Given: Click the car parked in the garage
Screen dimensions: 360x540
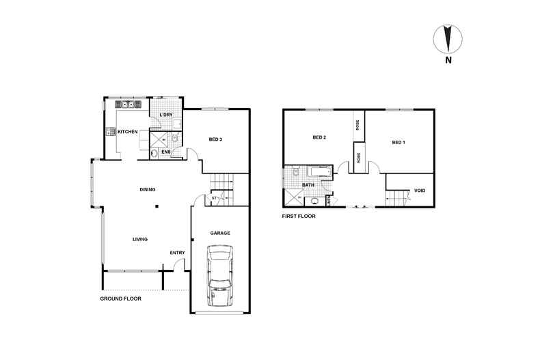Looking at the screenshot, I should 220,277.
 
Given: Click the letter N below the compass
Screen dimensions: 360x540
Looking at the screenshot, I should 448,60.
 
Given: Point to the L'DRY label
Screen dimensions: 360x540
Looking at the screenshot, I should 165,115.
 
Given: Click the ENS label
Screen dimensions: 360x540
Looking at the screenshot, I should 165,151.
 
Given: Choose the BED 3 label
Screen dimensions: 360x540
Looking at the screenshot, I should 215,140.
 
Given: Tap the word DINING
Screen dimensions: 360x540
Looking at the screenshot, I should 147,189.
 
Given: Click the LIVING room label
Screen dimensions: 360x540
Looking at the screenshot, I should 141,238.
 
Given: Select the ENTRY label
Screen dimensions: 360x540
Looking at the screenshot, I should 177,253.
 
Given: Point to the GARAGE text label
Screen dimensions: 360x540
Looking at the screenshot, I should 219,233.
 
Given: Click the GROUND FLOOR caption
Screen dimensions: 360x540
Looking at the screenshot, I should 120,299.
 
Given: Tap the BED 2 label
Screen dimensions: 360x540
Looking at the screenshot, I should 319,137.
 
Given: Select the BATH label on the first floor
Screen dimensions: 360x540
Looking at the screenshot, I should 309,184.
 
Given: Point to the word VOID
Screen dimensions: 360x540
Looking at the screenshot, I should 420,191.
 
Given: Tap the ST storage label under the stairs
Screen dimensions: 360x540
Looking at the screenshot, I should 214,198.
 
